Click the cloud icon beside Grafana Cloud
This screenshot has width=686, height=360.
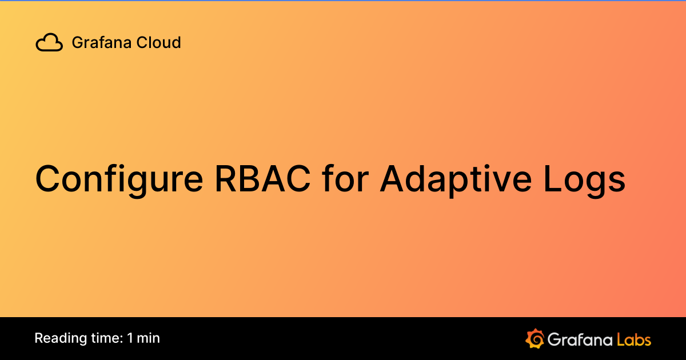49,43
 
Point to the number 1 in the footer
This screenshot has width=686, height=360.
131,338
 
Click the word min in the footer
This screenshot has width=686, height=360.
149,338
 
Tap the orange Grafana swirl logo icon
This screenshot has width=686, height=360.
535,338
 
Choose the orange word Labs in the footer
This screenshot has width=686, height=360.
634,339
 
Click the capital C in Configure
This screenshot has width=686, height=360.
49,178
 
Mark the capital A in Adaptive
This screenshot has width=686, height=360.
392,178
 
